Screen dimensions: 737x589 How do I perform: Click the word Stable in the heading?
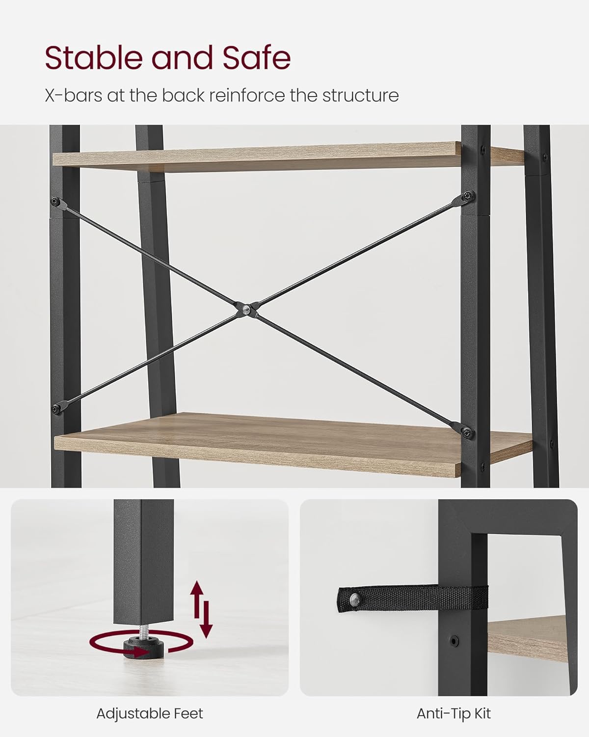94,58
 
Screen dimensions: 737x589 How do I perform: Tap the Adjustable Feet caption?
150,713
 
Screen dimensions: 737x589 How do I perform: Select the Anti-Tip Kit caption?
454,713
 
